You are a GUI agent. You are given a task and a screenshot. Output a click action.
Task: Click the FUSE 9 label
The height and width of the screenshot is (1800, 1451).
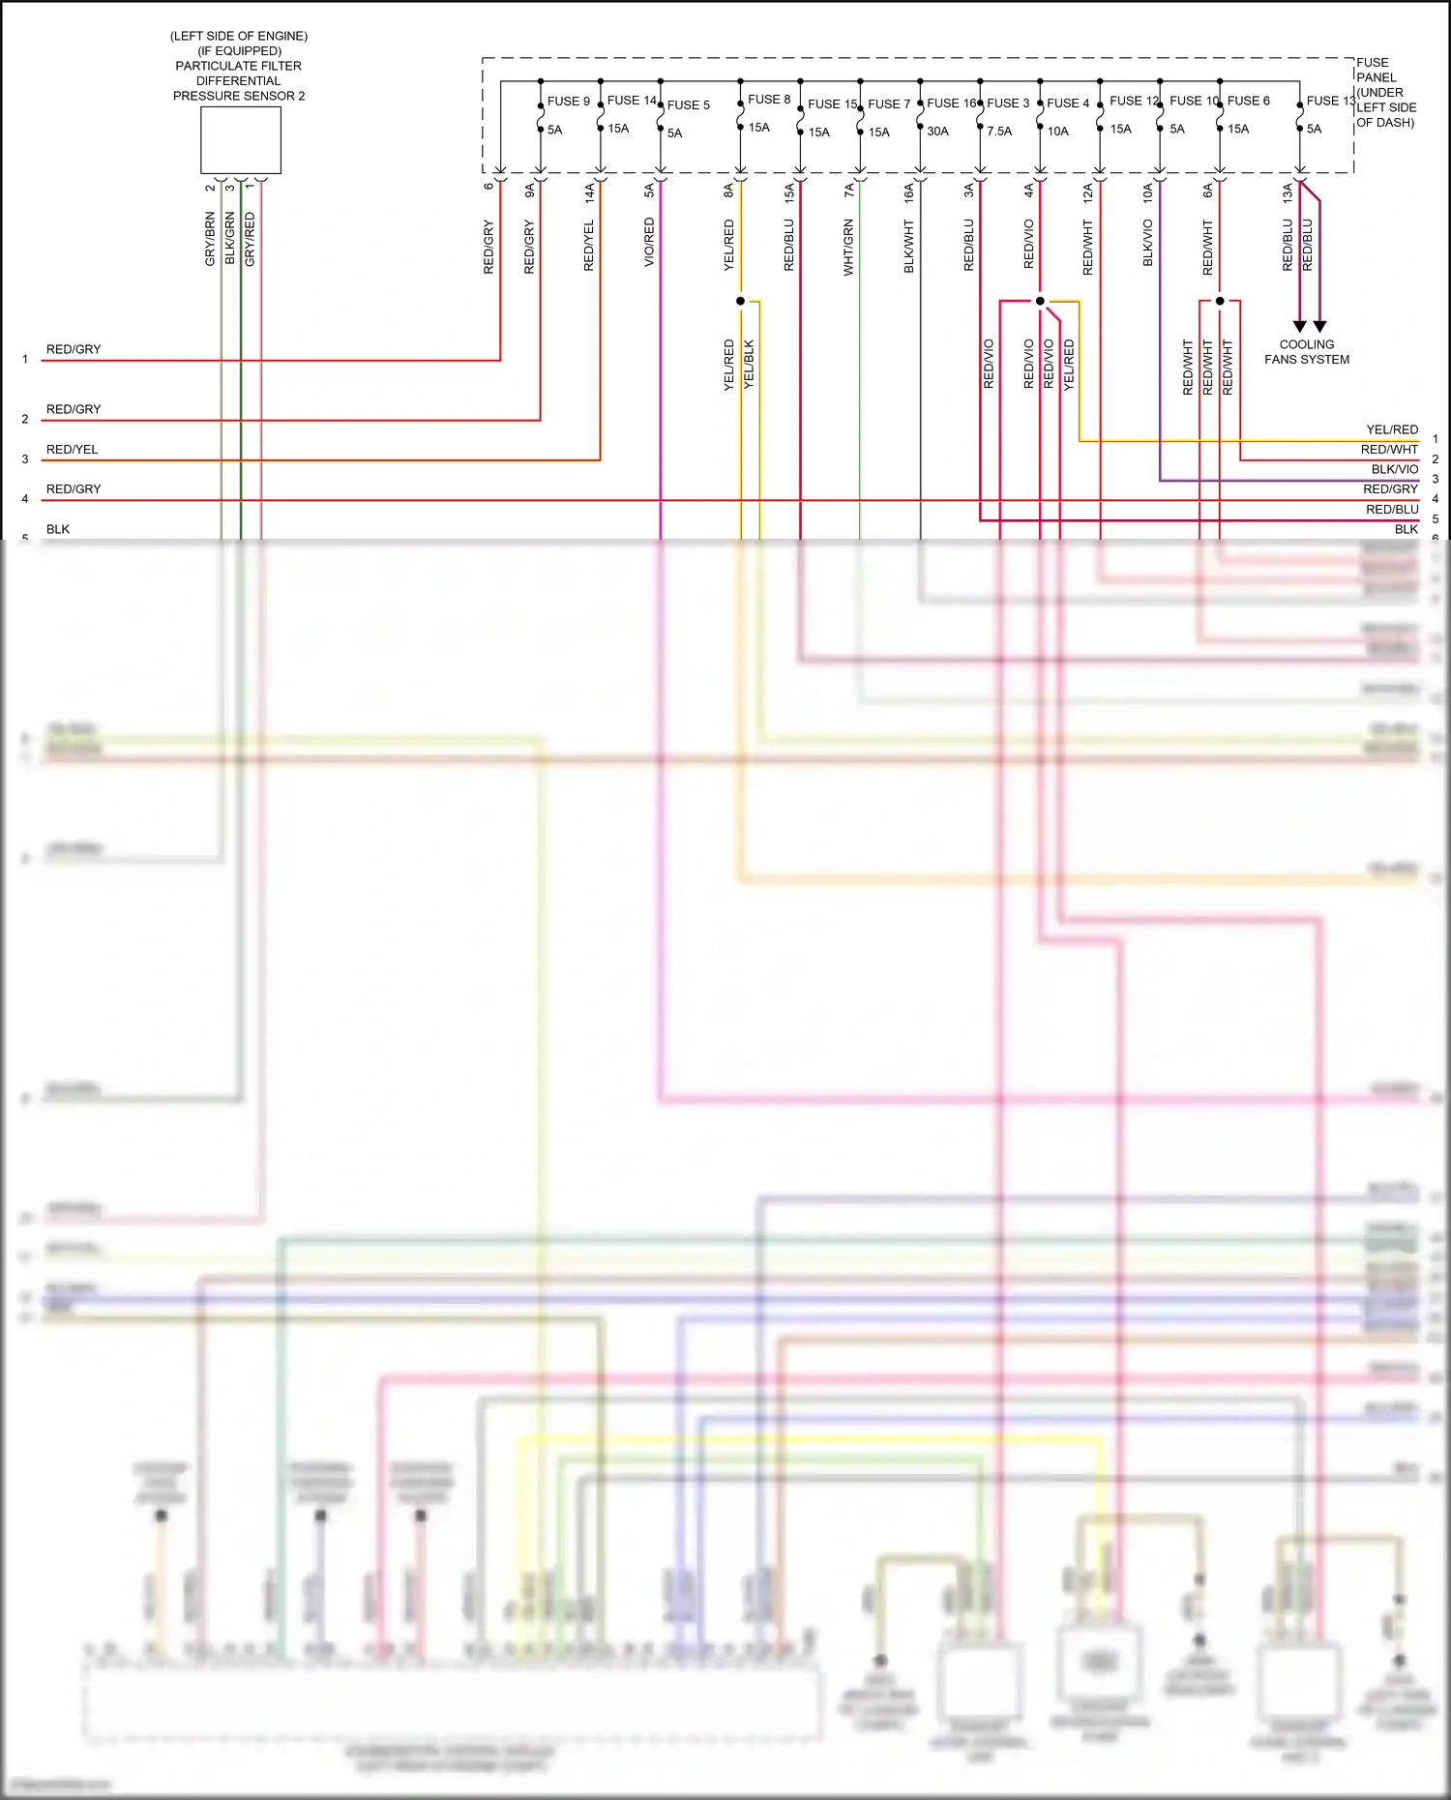point(568,101)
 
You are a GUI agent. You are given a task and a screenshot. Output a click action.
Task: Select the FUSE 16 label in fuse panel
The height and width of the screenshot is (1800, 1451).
point(951,103)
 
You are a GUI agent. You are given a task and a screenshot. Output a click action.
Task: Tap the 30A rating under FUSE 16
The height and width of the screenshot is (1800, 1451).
point(937,132)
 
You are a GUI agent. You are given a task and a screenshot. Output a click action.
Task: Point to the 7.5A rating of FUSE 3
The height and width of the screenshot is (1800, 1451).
point(999,132)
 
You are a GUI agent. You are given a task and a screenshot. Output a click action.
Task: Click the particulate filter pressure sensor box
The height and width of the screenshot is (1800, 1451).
point(240,140)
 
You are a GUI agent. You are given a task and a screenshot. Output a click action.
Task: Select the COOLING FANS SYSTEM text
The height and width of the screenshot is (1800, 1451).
point(1306,352)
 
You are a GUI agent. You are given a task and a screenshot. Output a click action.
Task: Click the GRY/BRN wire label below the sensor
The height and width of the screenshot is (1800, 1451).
point(210,239)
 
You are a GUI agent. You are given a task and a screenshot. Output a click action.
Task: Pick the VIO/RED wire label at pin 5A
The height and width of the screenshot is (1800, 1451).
point(649,242)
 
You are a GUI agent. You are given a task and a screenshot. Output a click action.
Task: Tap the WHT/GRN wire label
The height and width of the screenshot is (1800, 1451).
point(848,248)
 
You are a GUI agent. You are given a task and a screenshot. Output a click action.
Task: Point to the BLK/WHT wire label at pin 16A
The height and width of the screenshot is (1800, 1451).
point(908,247)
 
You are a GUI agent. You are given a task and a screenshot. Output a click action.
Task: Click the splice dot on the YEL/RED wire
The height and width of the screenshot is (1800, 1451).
point(741,301)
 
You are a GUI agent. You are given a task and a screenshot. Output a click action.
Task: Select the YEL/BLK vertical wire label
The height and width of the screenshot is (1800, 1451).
point(749,365)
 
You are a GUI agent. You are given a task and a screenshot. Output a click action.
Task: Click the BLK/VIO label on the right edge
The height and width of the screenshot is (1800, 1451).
point(1394,469)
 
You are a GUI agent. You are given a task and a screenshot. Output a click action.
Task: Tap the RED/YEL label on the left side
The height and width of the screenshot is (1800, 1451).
point(72,450)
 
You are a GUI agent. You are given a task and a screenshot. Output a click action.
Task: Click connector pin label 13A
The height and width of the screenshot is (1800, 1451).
point(1288,192)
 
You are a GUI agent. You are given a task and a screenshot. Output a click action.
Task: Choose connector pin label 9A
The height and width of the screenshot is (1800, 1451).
point(529,191)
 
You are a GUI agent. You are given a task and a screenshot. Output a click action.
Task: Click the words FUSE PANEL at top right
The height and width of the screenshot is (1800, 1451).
point(1375,70)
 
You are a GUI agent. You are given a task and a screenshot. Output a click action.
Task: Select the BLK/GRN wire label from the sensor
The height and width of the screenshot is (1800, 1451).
point(229,239)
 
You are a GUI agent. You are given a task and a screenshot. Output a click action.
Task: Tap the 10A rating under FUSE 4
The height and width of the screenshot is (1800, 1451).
point(1057,132)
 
